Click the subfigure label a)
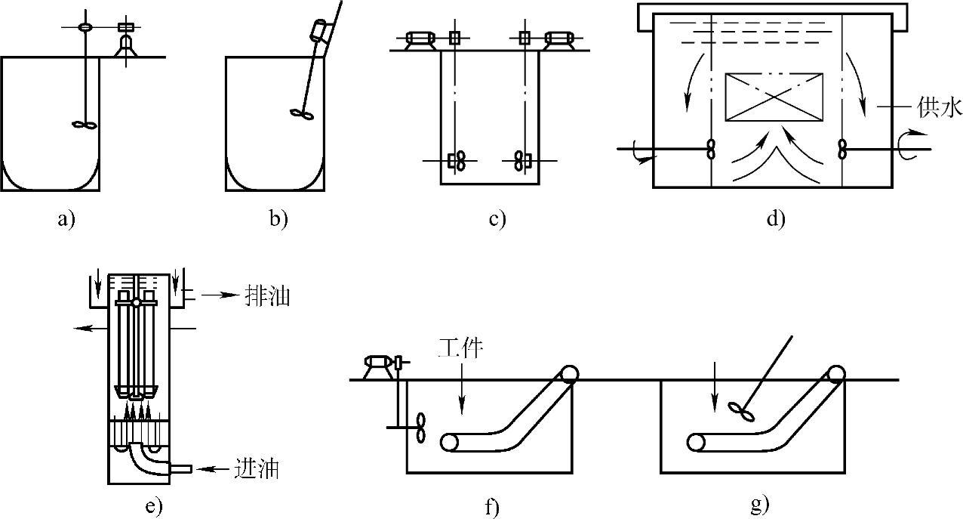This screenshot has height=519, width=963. click(x=66, y=220)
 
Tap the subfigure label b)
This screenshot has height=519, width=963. click(x=278, y=219)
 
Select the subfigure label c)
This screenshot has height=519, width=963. click(x=497, y=220)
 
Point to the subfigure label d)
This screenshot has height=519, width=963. click(x=776, y=219)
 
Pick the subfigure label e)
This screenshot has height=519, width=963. click(x=154, y=506)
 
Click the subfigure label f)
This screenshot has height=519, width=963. click(x=493, y=506)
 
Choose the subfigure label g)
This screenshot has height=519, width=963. click(x=760, y=505)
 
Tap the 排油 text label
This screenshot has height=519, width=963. click(x=267, y=295)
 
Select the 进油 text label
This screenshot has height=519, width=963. click(x=257, y=468)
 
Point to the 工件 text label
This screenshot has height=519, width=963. click(x=460, y=348)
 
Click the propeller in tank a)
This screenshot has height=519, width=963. click(x=85, y=125)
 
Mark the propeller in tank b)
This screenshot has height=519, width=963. click(x=302, y=113)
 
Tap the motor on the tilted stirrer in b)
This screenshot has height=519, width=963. click(x=320, y=30)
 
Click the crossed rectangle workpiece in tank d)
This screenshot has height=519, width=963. click(x=774, y=97)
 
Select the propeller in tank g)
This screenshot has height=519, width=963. click(x=741, y=411)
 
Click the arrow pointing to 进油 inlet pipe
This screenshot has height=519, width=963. click(x=215, y=468)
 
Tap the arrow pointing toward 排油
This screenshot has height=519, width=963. click(x=220, y=295)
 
